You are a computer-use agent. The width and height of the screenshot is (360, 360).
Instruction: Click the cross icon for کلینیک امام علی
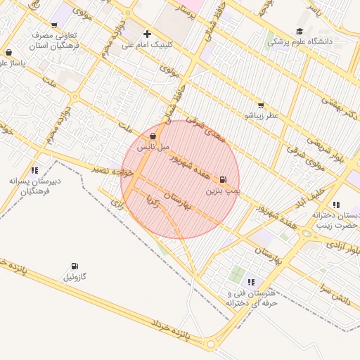click(x=147, y=34)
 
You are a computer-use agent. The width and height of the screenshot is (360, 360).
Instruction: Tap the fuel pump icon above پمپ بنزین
click(x=224, y=180)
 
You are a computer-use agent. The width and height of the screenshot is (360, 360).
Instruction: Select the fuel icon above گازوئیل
click(x=75, y=266)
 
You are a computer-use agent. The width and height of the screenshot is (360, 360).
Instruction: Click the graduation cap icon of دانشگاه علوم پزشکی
click(x=300, y=32)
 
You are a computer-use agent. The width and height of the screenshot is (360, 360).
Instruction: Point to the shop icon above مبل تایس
click(x=153, y=136)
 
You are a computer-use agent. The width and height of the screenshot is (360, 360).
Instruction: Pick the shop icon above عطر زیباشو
click(x=261, y=105)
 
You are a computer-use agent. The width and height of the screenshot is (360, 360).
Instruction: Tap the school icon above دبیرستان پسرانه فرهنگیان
click(x=34, y=170)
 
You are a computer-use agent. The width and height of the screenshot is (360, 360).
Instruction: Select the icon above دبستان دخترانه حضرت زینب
click(x=336, y=205)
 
